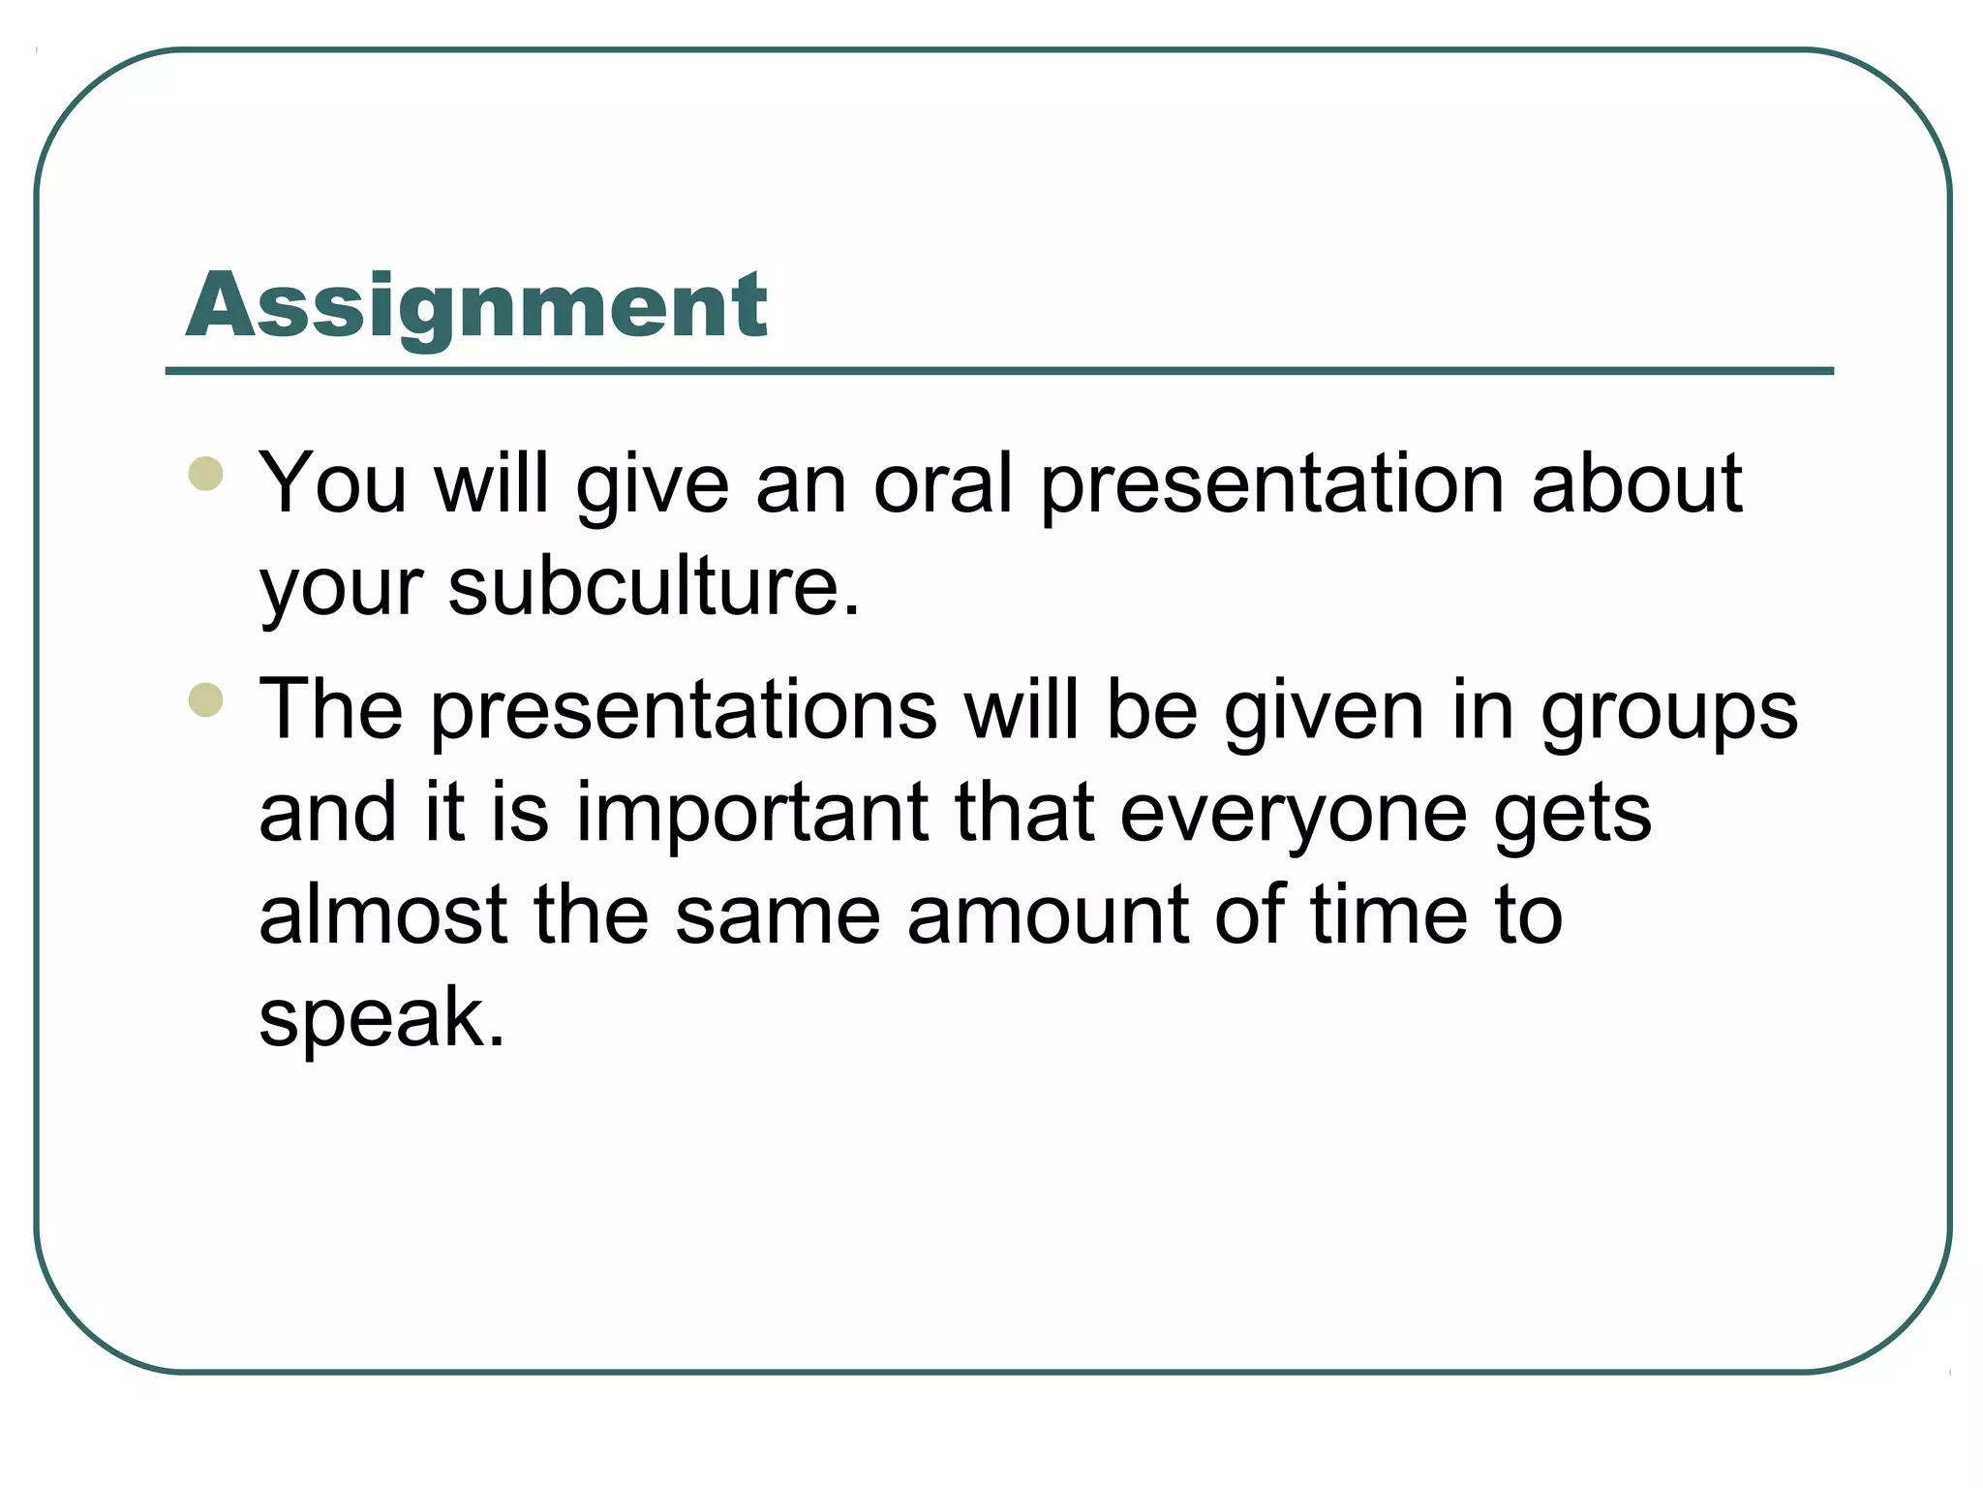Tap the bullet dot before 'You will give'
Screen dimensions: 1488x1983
click(206, 474)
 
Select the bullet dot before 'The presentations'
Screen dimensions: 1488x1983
click(206, 699)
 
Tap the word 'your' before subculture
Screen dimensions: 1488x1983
click(341, 589)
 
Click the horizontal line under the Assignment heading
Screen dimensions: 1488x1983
click(999, 371)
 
